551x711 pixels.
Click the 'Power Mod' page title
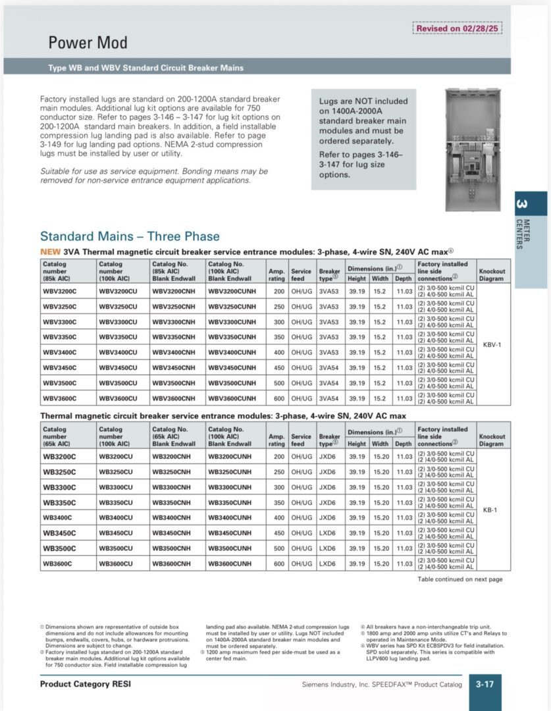(88, 43)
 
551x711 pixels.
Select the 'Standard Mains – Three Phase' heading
(130, 236)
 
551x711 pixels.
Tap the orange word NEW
(51, 251)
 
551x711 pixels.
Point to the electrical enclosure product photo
(477, 151)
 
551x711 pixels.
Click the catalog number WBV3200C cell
(60, 291)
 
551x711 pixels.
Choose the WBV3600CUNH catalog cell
(232, 398)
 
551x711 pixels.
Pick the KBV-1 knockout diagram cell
(492, 344)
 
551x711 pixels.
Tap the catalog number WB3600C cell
(58, 564)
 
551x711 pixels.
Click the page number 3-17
(485, 685)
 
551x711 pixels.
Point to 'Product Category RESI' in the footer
(86, 685)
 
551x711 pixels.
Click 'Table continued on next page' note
(459, 579)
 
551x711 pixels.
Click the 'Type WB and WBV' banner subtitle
(145, 68)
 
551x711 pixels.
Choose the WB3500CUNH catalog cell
(230, 548)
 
